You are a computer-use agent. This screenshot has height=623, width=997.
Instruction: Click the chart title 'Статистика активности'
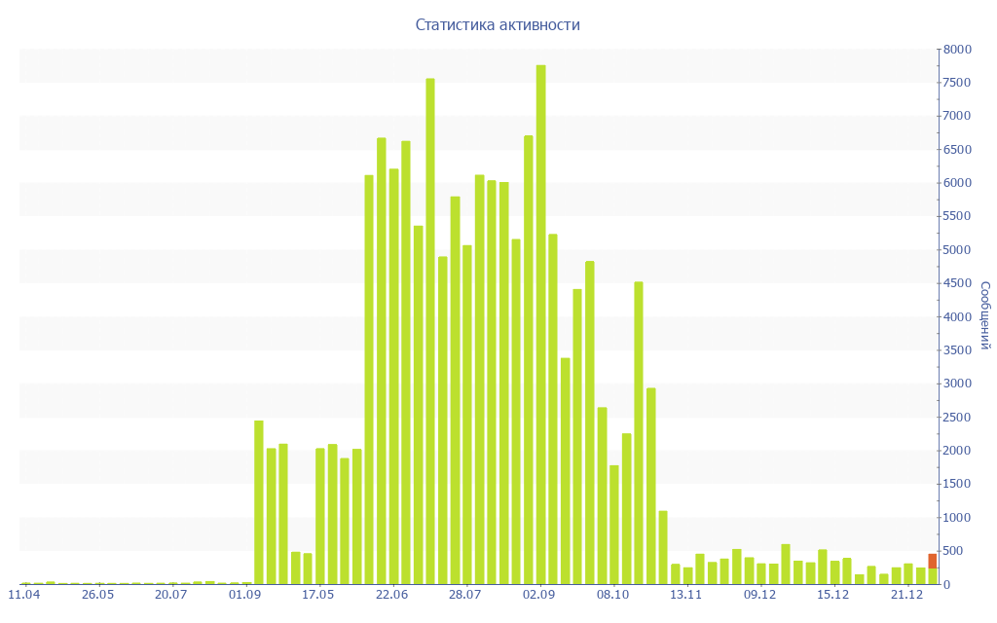coord(498,25)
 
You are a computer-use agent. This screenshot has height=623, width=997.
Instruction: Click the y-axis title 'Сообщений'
coord(984,315)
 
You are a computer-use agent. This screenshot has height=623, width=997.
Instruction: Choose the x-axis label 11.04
coord(23,594)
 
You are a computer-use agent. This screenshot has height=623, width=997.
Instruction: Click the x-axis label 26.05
coord(97,594)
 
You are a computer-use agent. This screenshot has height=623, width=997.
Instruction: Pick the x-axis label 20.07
coord(171,594)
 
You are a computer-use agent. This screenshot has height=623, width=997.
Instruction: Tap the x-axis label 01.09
coord(245,594)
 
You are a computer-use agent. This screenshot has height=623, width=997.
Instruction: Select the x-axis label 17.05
coord(318,594)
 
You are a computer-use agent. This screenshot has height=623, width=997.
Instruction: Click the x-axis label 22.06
coord(391,594)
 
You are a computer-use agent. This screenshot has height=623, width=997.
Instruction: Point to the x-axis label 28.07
coord(465,594)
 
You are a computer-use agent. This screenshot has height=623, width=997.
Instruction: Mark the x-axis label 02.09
coord(539,594)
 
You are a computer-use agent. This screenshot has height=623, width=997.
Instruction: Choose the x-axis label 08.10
coord(613,594)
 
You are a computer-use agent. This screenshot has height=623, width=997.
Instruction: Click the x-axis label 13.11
coord(686,594)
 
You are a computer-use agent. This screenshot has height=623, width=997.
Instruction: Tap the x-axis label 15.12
coord(833,594)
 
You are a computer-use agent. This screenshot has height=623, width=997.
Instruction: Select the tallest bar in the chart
coord(541,321)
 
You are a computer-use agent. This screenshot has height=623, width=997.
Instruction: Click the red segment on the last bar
coord(932,561)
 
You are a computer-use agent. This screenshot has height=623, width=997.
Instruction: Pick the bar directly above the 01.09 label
coord(246,583)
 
